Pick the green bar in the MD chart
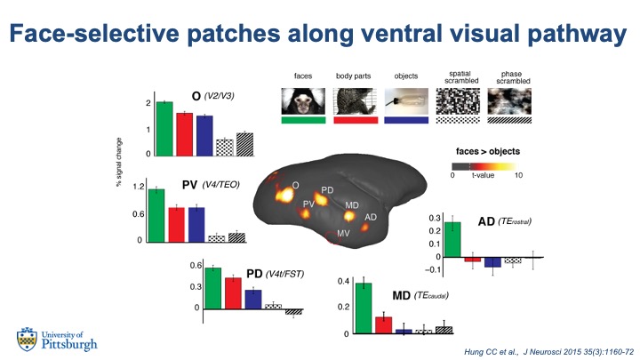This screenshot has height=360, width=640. click(x=363, y=308)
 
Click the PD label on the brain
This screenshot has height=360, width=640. click(x=327, y=190)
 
